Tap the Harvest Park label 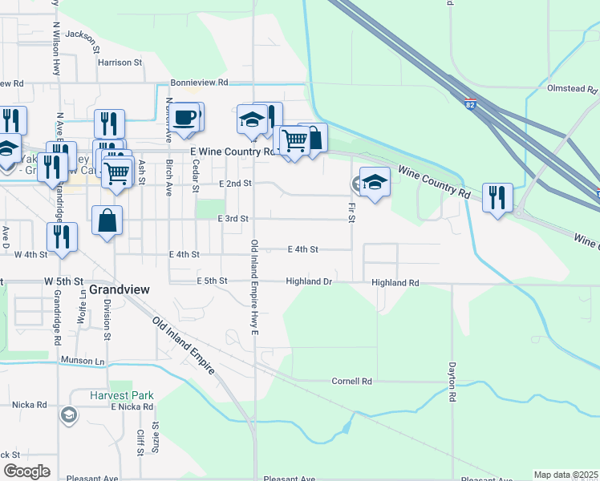121,395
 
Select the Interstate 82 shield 471,104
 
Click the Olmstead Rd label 574,88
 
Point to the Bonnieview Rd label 200,83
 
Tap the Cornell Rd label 352,382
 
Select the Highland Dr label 310,281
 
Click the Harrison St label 120,62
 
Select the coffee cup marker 184,117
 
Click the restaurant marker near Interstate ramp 498,196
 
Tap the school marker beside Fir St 375,181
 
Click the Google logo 26,471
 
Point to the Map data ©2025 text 566,475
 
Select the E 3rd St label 233,218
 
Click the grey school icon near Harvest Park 69,414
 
